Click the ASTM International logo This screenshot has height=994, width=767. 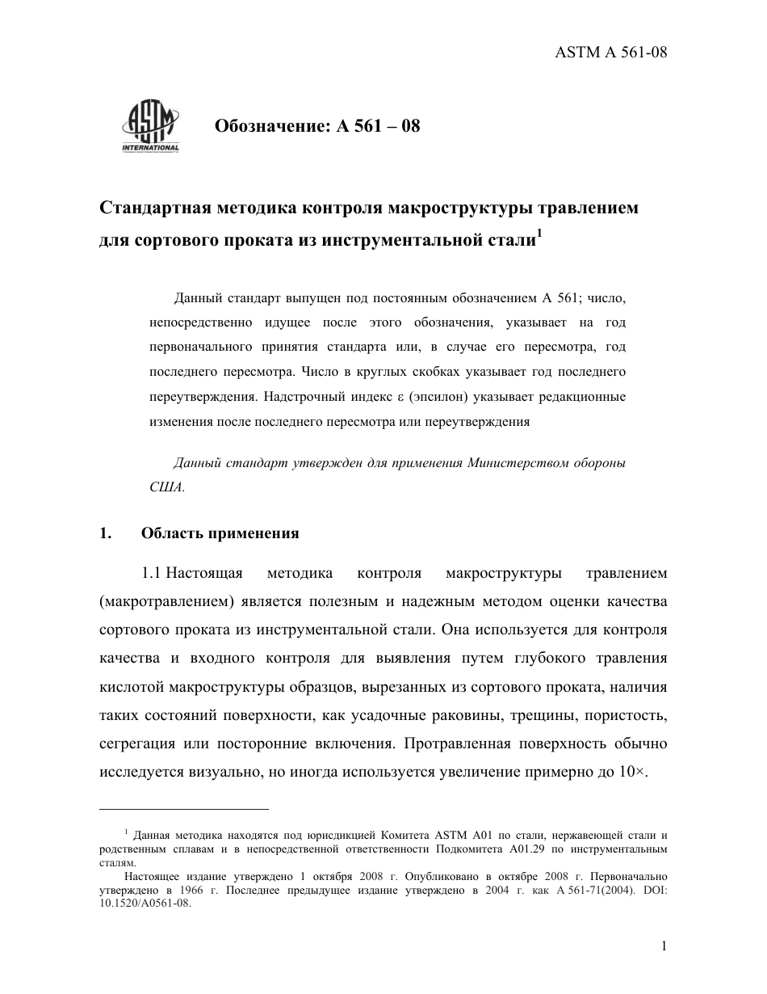pyautogui.click(x=150, y=127)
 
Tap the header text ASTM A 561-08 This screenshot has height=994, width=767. pyautogui.click(x=611, y=53)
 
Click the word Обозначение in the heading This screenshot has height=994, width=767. pyautogui.click(x=269, y=127)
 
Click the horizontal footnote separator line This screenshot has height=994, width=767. pyautogui.click(x=183, y=808)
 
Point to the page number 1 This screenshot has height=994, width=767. pyautogui.click(x=664, y=946)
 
